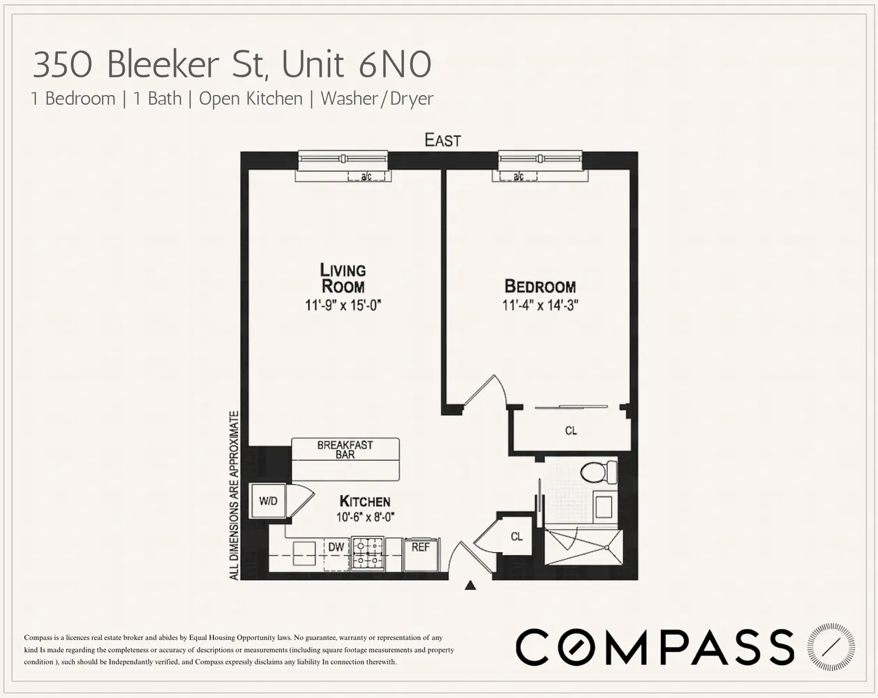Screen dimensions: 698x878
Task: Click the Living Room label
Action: (343, 278)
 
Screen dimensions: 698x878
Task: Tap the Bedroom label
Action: (540, 286)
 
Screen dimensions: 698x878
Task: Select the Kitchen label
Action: (364, 501)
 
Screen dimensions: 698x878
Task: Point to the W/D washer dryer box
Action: (268, 501)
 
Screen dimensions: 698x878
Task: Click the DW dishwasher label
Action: (336, 547)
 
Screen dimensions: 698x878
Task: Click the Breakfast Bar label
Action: (345, 450)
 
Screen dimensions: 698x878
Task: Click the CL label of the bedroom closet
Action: (571, 431)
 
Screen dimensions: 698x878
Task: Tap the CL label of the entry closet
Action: (516, 537)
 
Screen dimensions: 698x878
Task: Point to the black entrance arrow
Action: (470, 586)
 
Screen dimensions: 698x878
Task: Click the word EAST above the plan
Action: (443, 140)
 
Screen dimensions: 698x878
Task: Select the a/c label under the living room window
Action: (366, 177)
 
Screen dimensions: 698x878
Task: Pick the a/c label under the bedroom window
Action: (518, 177)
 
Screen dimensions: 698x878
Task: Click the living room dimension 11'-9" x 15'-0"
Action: (343, 305)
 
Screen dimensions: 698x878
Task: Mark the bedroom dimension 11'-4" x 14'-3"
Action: (540, 305)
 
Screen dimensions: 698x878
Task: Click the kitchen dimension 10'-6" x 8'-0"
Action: (364, 517)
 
